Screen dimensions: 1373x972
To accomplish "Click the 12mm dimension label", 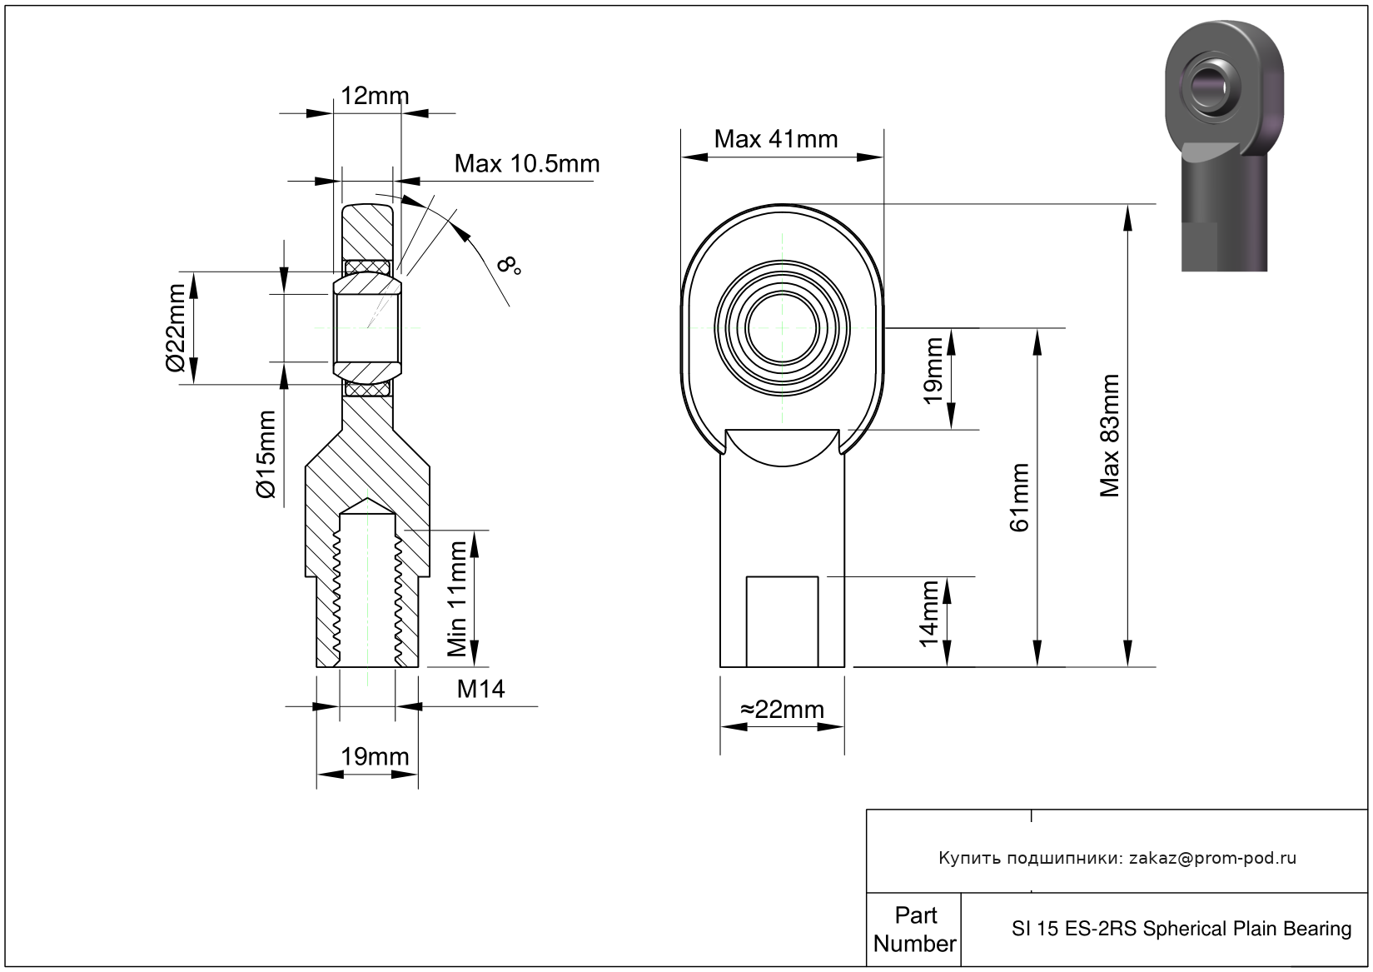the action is tap(375, 96).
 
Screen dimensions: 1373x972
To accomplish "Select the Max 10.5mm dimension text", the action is tap(526, 164).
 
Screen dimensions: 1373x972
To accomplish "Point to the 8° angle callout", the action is tap(509, 265).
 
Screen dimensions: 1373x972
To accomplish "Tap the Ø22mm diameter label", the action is tap(176, 327).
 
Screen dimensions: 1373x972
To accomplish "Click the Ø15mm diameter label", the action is tap(266, 455).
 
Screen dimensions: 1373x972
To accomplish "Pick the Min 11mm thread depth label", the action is tap(457, 599).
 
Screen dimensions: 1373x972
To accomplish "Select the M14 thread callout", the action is tap(480, 690).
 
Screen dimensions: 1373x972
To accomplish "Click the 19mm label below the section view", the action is tap(375, 757).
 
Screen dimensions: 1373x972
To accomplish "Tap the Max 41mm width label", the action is tap(775, 139).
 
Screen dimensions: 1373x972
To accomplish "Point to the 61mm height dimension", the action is tap(1018, 497).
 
